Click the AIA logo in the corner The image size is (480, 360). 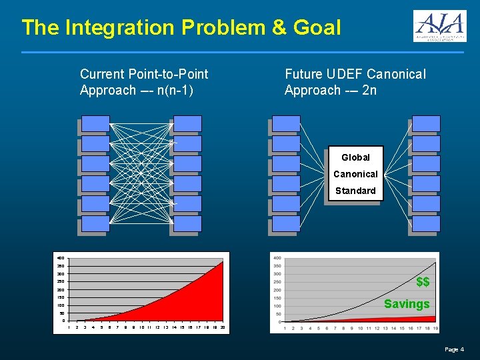439,27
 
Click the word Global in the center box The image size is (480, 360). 355,157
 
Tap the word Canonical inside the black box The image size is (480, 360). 355,174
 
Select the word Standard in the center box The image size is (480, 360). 355,191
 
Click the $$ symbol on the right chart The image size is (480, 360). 423,282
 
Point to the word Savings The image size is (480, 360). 407,304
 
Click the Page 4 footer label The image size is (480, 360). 454,349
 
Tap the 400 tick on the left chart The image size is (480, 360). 61,258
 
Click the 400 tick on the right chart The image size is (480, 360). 277,258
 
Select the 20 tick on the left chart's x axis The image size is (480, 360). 222,327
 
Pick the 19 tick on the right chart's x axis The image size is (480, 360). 435,328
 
